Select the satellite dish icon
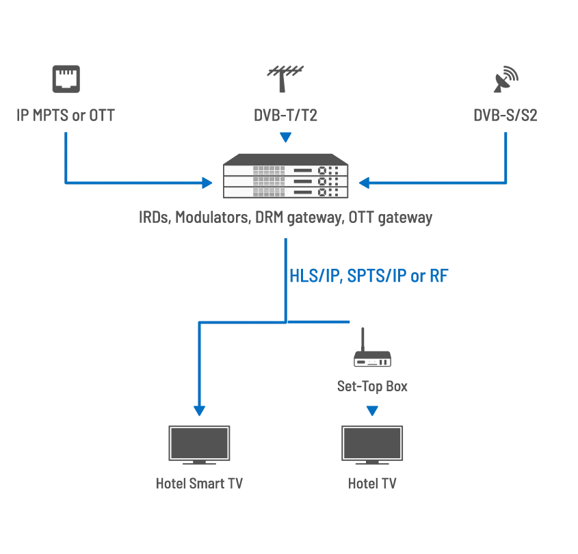505,79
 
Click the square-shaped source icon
66,76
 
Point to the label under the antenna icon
285,116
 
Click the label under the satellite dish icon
506,116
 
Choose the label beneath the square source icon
66,116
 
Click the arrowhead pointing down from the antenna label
287,140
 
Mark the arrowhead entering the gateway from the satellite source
366,183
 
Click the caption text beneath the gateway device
285,220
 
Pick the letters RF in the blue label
438,277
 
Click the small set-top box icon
372,361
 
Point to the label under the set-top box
372,388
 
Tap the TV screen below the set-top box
372,443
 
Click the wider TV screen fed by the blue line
200,443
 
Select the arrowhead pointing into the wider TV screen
199,411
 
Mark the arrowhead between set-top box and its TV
372,412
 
